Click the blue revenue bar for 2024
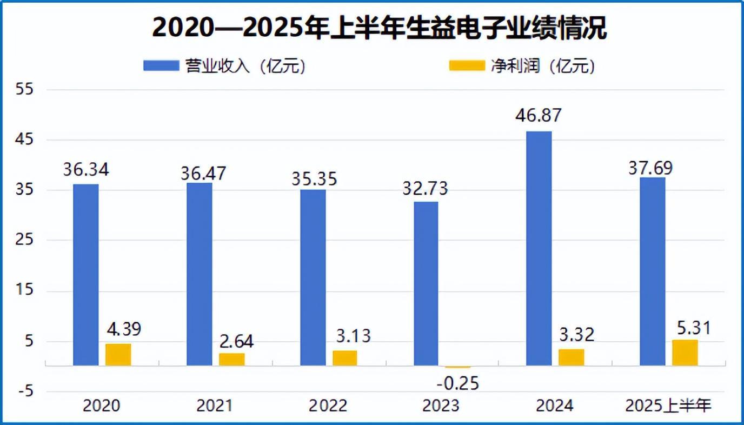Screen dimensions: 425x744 click(x=539, y=249)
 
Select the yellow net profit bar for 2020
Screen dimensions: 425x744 click(x=118, y=355)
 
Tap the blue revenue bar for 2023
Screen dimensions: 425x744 click(x=426, y=284)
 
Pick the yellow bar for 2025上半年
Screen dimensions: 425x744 click(x=685, y=353)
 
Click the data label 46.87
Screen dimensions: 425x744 click(x=538, y=116)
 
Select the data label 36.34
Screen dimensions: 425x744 click(x=86, y=170)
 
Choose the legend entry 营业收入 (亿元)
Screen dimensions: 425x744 click(x=224, y=66)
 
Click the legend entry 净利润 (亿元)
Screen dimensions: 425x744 click(x=522, y=66)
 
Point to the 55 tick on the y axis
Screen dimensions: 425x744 click(x=26, y=90)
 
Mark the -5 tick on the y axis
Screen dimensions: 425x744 click(x=26, y=391)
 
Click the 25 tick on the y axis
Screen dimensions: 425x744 click(x=26, y=241)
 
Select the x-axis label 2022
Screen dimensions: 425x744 click(x=327, y=406)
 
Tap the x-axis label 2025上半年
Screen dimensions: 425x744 click(x=668, y=406)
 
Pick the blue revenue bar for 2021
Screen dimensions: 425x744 click(x=200, y=274)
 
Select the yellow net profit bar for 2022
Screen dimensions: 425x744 click(x=344, y=358)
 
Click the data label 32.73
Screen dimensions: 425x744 click(x=426, y=189)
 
